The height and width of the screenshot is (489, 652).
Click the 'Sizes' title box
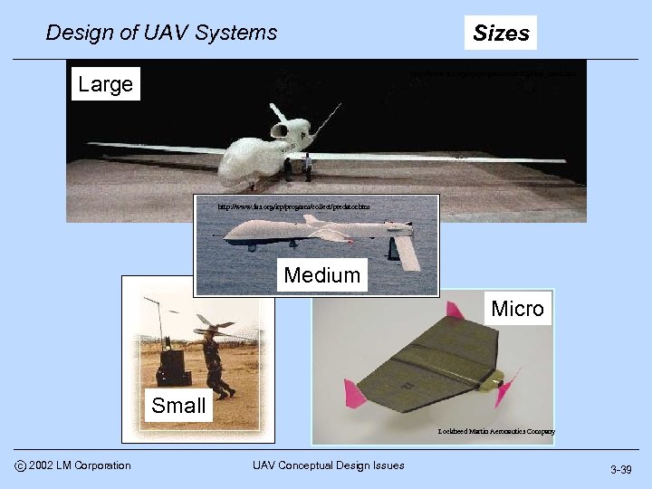point(501,34)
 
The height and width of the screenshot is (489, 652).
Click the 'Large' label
point(105,84)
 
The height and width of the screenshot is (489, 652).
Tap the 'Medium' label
point(321,274)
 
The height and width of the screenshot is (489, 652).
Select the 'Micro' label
point(517,309)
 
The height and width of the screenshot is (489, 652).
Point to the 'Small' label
point(178,405)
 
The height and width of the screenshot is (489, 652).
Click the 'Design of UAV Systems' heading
point(161,34)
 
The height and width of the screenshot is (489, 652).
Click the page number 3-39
point(620,469)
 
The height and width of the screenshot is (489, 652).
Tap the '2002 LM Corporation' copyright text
point(80,465)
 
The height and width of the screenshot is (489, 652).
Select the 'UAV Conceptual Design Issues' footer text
point(328,465)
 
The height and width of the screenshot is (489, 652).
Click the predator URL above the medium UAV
point(293,206)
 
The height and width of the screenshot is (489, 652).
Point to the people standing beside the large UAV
point(298,167)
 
